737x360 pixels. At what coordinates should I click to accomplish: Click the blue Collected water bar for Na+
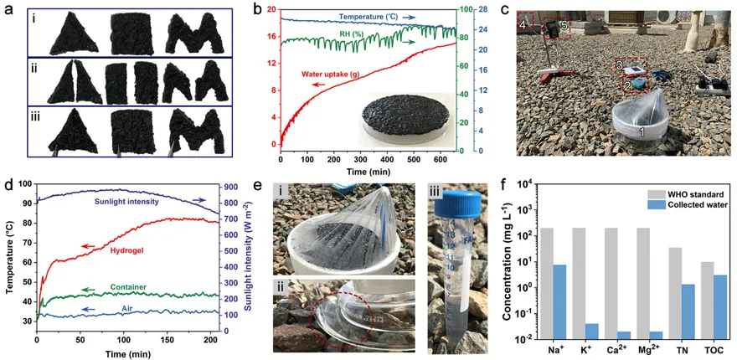[x=560, y=301]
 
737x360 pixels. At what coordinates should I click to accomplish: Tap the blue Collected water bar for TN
[x=653, y=311]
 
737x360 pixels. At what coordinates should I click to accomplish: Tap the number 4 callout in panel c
[x=523, y=27]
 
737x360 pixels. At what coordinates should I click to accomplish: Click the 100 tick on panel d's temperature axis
[x=25, y=184]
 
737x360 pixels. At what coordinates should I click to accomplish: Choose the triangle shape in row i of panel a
[x=72, y=33]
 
